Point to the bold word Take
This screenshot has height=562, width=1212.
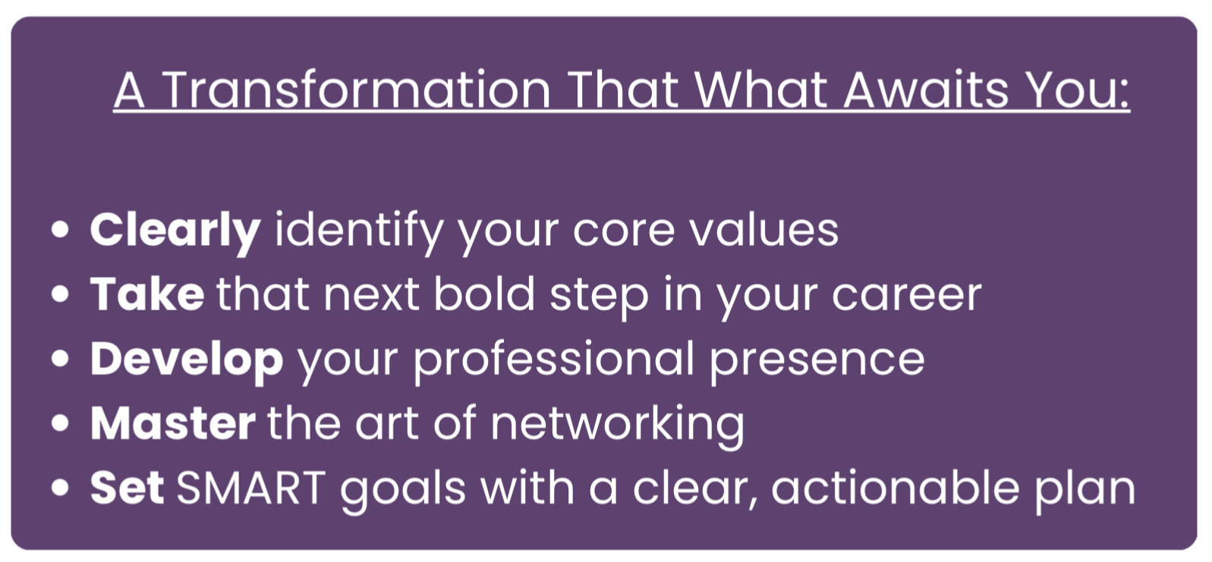click(x=147, y=294)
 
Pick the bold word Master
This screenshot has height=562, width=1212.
click(x=172, y=423)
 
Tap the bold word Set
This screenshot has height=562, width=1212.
click(x=127, y=488)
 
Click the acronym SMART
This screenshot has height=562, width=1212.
click(x=251, y=488)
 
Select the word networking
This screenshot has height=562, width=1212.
click(x=617, y=427)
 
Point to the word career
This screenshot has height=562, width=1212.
click(x=906, y=297)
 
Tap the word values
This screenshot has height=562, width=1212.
click(x=763, y=230)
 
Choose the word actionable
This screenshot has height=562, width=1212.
click(x=896, y=488)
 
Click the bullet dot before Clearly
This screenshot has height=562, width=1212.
click(x=60, y=229)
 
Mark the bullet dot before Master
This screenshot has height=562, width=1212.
click(x=60, y=423)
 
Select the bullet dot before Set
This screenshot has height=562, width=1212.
click(x=60, y=488)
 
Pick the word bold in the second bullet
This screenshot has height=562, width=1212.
click(x=483, y=294)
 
